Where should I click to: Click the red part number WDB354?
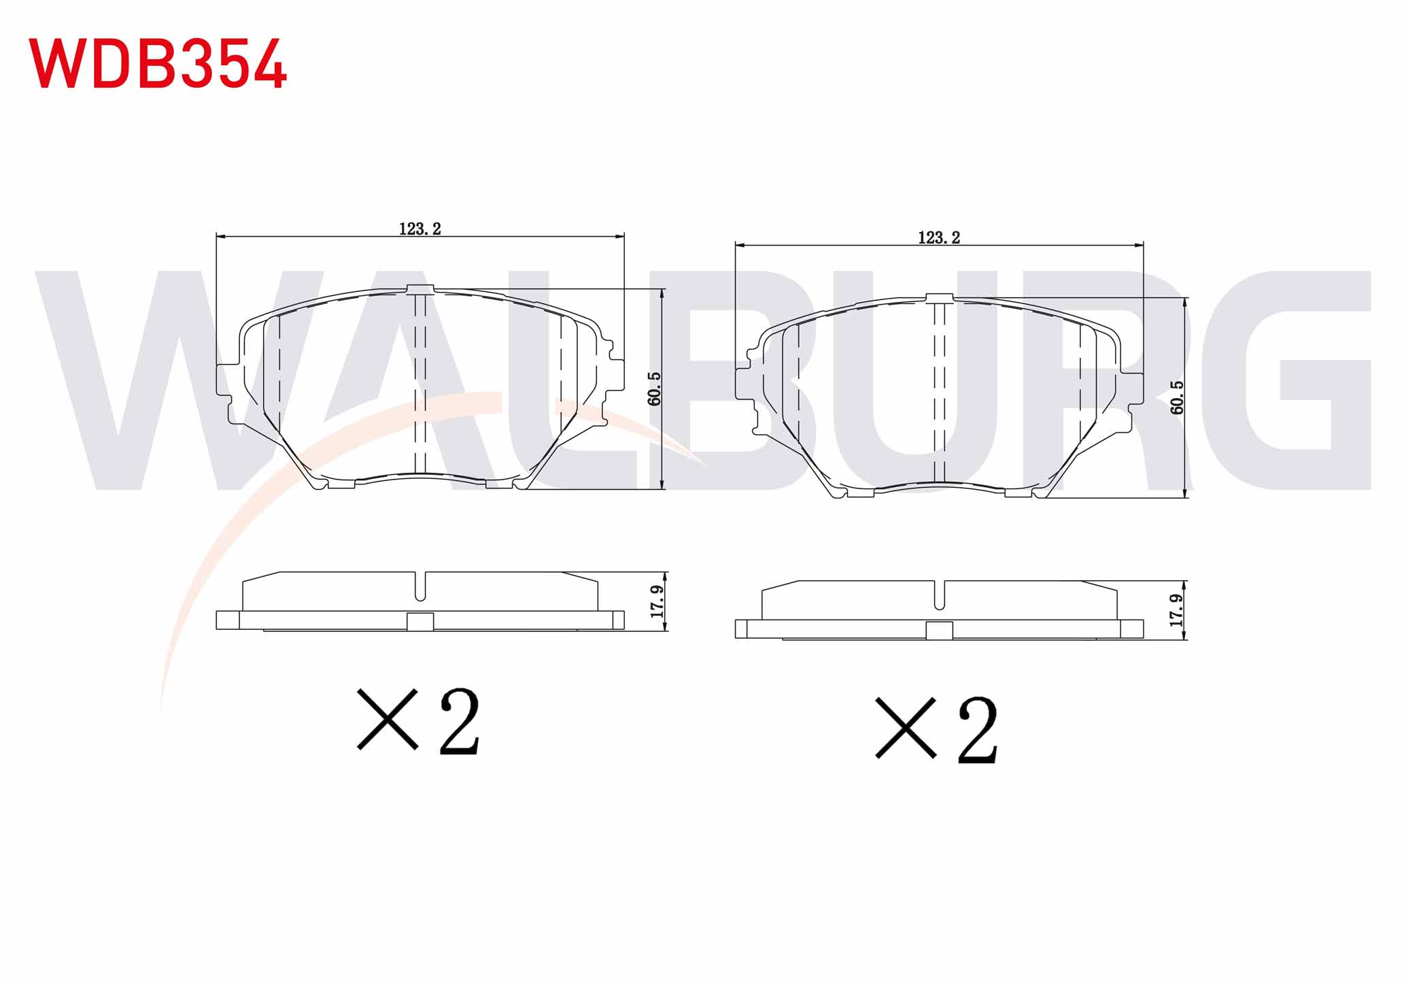(x=158, y=63)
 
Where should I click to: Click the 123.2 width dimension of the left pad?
(x=420, y=229)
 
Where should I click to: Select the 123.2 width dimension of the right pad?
(x=939, y=237)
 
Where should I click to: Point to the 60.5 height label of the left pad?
(x=654, y=388)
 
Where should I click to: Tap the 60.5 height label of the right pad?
(x=1177, y=397)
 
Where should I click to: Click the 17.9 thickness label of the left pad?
(x=657, y=601)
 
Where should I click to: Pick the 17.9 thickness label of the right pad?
(x=1177, y=610)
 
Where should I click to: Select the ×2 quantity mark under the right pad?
(x=937, y=729)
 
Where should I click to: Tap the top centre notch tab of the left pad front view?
(x=420, y=289)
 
